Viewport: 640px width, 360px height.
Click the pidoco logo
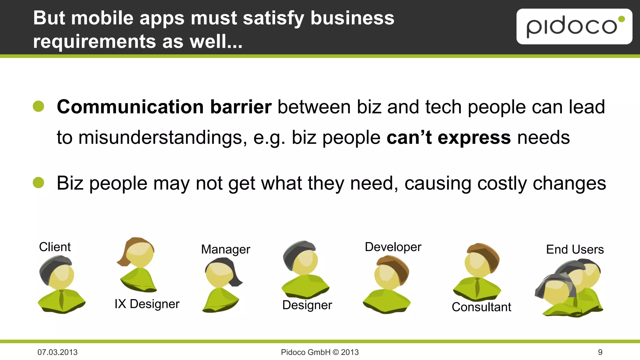574,27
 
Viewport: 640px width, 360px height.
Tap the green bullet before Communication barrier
38,106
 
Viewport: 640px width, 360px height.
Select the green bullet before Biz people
38,182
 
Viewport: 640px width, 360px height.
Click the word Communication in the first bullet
130,107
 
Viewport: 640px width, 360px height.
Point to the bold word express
474,137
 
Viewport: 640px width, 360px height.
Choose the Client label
55,247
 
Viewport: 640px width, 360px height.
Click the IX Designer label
147,304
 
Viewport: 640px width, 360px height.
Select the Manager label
226,249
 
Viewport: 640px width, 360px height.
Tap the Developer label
393,247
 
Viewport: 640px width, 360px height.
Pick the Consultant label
481,307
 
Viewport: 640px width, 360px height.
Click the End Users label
575,249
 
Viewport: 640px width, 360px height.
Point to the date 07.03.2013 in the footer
57,352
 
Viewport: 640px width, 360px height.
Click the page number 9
600,352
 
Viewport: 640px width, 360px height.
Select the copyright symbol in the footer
336,352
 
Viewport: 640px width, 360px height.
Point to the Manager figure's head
221,272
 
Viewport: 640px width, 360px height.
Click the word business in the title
352,18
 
